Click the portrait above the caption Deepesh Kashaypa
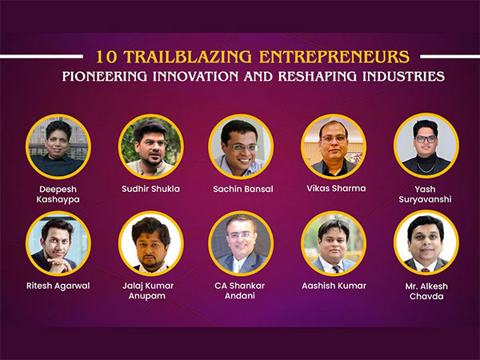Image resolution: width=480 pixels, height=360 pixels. [x=58, y=146]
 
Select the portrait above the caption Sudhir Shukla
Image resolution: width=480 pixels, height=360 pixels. [x=150, y=146]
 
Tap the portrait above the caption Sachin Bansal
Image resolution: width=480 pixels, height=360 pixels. [x=241, y=146]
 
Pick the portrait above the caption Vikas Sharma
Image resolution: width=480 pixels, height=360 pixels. [x=333, y=146]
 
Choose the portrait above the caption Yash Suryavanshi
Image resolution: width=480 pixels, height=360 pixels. [x=426, y=146]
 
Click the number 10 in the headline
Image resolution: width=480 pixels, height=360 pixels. [x=105, y=58]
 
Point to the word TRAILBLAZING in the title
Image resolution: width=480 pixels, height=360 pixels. [x=181, y=58]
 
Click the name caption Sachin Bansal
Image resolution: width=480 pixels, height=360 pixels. [x=241, y=190]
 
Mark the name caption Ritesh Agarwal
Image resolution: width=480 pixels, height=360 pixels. [x=58, y=286]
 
